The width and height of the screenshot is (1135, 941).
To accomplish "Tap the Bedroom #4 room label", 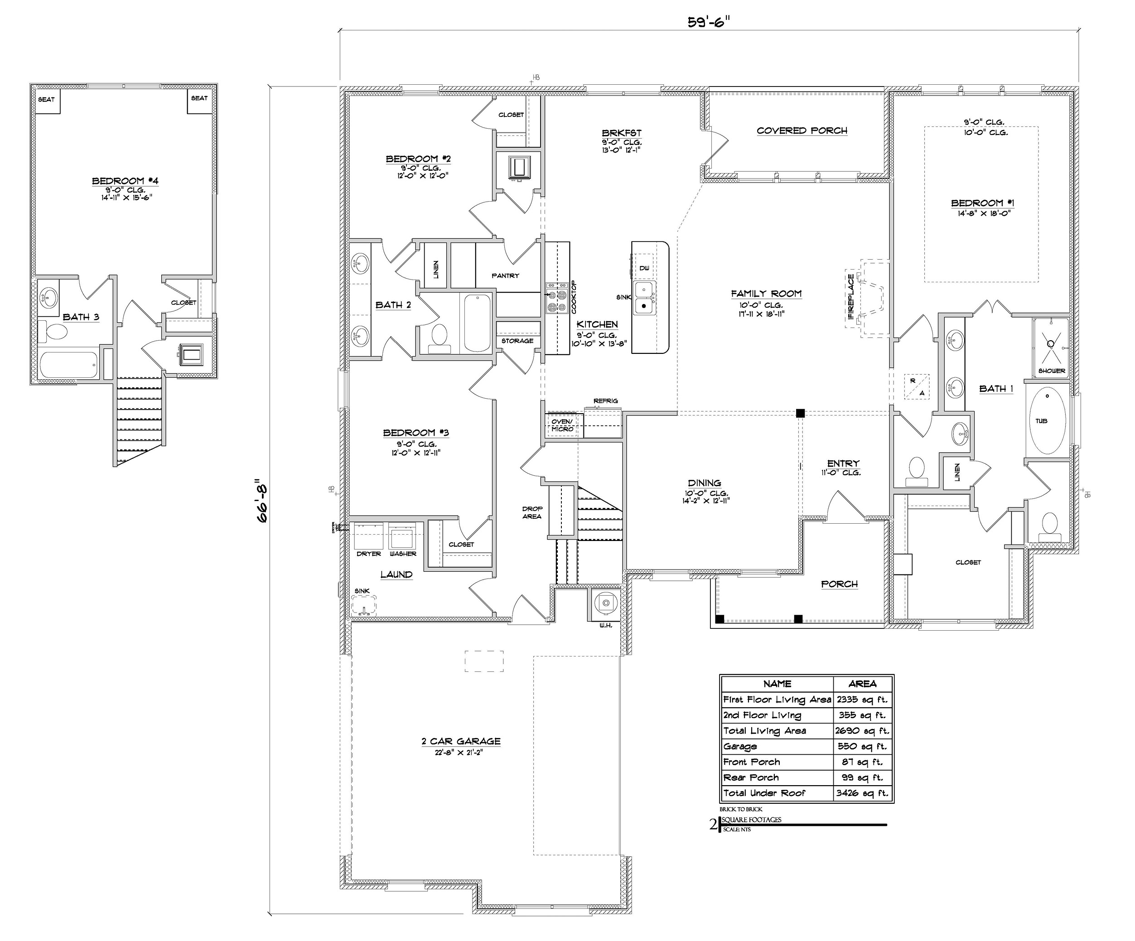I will click(x=125, y=181).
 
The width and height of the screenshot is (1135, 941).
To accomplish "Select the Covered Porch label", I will click(x=802, y=131).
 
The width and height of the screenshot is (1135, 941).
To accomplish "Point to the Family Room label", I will click(x=766, y=294).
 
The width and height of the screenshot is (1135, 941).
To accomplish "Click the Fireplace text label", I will click(x=851, y=297).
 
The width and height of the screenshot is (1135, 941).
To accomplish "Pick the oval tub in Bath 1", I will click(x=1047, y=420).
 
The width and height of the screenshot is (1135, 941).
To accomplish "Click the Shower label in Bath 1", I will click(x=1051, y=371).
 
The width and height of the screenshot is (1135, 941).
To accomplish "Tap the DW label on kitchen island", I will click(x=644, y=269).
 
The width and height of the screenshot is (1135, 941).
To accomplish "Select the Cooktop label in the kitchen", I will click(x=574, y=297).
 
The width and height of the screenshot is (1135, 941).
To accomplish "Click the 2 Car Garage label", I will click(x=461, y=742).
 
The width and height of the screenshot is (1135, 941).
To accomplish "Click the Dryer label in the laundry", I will click(x=369, y=554).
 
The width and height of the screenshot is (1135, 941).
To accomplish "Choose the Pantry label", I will click(x=505, y=275).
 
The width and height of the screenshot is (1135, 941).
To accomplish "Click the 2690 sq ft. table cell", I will click(x=862, y=731).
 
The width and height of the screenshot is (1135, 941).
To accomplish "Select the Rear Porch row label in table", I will click(x=751, y=778).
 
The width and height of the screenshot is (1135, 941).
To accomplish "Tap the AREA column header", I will click(x=862, y=684).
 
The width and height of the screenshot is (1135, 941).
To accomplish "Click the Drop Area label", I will click(x=532, y=512).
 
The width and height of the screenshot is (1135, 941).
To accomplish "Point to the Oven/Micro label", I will click(x=562, y=425).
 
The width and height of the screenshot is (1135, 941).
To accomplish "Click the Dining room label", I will click(x=704, y=483).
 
